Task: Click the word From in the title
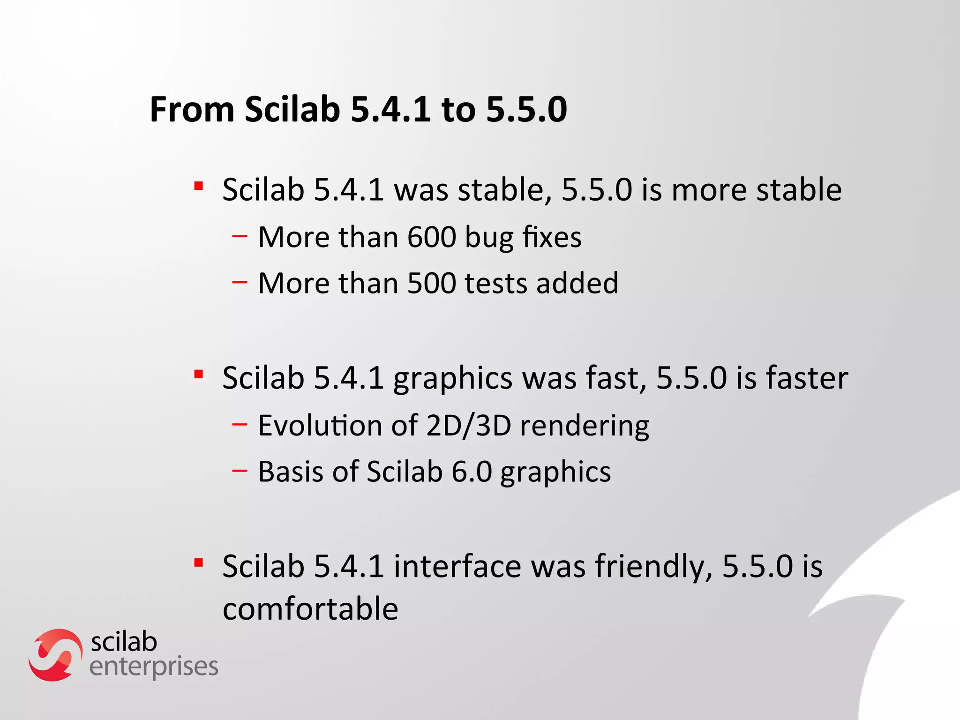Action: pos(192,110)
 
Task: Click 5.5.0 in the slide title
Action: pos(526,110)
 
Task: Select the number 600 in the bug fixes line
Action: pos(431,237)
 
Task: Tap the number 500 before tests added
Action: pos(431,284)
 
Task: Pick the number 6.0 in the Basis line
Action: pos(472,472)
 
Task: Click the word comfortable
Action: pos(310,609)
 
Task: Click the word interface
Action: pos(457,566)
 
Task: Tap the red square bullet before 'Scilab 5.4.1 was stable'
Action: pos(199,186)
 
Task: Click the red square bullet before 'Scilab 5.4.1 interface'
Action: pos(199,562)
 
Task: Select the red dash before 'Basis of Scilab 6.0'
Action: pos(240,471)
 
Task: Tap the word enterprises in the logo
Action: pos(154,667)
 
